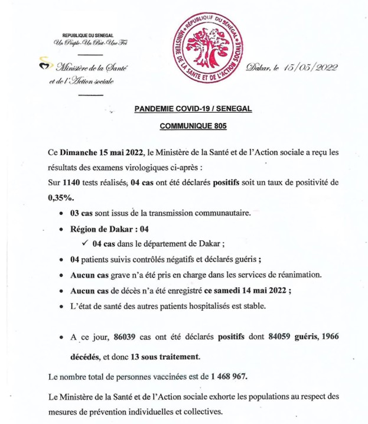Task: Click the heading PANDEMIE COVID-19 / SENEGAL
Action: (193, 109)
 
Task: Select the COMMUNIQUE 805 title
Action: (193, 126)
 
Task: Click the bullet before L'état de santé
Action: (62, 306)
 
